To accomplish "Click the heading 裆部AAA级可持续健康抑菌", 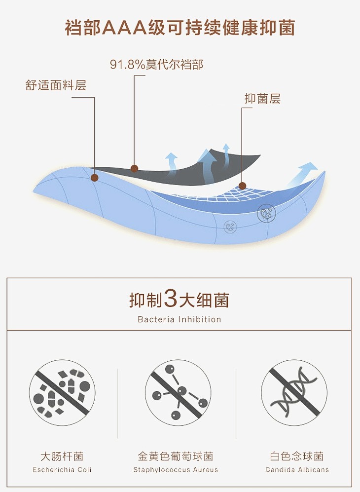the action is click(x=180, y=28).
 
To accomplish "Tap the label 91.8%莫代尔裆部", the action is click(x=156, y=64).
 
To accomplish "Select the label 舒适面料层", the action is click(x=56, y=85).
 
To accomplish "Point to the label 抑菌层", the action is click(x=262, y=99).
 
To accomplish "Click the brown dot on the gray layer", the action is click(x=134, y=169).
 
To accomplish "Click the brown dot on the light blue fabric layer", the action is click(x=94, y=178).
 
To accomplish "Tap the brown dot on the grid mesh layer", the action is click(x=242, y=186).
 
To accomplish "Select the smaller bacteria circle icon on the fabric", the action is click(x=230, y=226).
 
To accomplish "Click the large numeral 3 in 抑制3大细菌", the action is click(x=171, y=299).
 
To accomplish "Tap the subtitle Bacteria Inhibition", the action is click(x=180, y=319).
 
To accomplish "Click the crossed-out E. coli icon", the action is click(x=62, y=392).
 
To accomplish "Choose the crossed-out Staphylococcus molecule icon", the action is click(x=178, y=392).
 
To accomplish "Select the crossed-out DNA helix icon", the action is click(x=294, y=392).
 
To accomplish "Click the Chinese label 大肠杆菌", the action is click(x=62, y=456).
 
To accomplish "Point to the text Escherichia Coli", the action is click(x=62, y=470).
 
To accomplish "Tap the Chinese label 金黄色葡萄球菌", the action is click(x=176, y=456).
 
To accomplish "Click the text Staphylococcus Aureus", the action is click(x=176, y=470).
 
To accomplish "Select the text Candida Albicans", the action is click(x=297, y=470).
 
